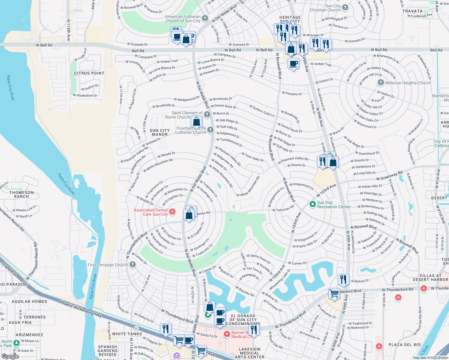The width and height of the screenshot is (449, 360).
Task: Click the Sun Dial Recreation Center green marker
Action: pos(312,204)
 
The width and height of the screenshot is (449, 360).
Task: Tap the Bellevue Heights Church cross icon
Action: pos(381,82)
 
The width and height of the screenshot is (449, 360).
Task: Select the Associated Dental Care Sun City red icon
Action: pos(172,212)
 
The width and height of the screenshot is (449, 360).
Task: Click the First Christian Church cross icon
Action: pos(133,265)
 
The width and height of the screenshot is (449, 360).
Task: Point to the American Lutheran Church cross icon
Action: pos(205,18)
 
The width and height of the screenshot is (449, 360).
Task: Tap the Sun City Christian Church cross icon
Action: pos(345,7)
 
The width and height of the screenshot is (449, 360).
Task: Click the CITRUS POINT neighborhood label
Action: pos(89,73)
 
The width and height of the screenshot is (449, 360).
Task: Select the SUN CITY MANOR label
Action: pos(160,132)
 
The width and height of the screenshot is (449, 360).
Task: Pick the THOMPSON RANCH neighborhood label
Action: pos(21,194)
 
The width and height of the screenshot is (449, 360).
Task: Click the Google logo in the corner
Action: pos(10,356)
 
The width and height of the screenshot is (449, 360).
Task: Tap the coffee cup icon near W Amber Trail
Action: pos(293,64)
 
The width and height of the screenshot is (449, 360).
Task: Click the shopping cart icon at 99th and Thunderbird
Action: pos(334,293)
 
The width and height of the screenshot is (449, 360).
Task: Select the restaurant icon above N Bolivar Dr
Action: pos(343,279)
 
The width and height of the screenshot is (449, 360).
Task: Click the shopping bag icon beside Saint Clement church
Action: pos(197,122)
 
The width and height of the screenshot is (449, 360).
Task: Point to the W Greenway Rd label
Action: pos(389,175)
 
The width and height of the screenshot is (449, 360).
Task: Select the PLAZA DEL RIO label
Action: pos(405,345)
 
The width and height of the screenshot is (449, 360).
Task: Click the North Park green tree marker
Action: pos(17,342)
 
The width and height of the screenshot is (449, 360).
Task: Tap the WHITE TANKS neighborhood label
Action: pos(127,334)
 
